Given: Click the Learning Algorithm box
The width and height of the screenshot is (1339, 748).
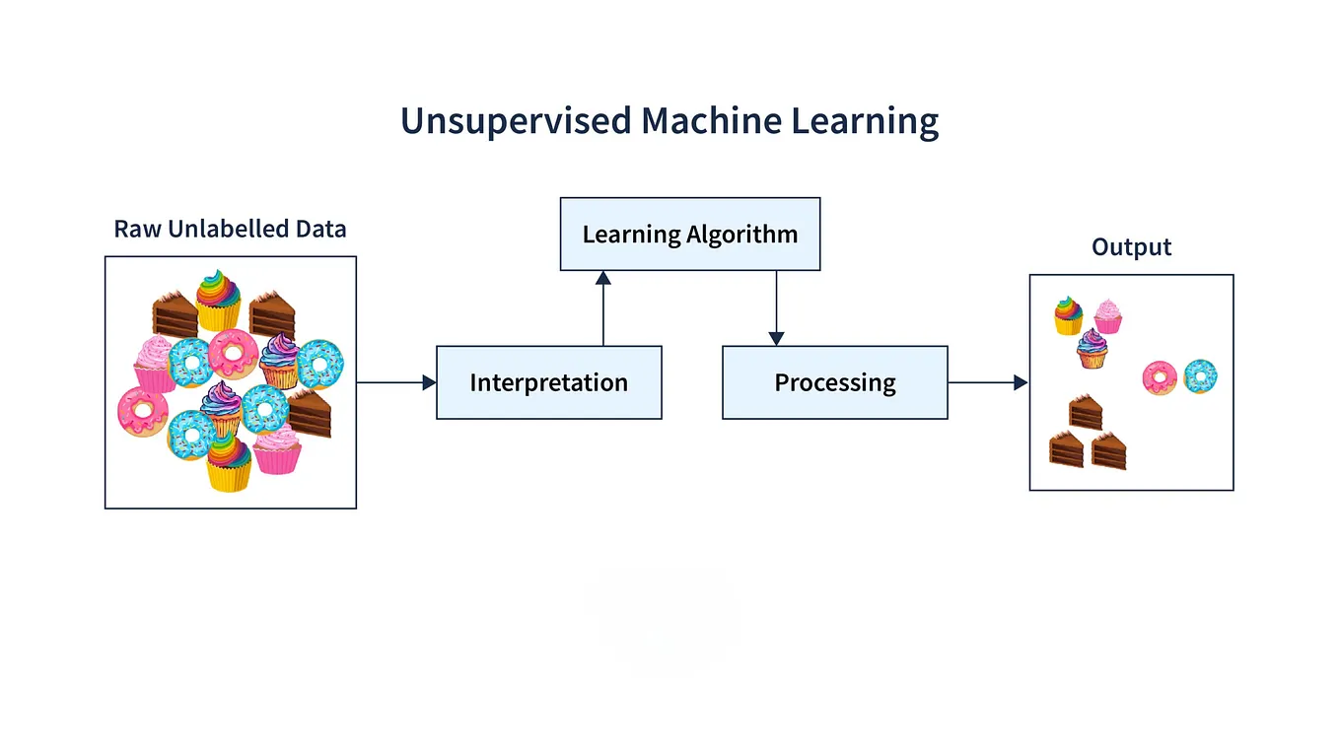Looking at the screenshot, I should (x=689, y=235).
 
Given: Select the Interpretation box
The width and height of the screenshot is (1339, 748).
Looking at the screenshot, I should (x=548, y=382).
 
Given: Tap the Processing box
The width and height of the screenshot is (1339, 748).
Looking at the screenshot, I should (x=834, y=382).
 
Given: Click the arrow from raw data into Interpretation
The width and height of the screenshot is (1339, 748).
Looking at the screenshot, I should (x=395, y=382).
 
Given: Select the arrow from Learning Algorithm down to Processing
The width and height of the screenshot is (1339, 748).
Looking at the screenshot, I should (x=776, y=307).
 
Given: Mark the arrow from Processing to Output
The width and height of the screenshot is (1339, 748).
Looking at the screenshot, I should (x=987, y=382).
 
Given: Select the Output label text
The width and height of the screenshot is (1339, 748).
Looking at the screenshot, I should (x=1131, y=246).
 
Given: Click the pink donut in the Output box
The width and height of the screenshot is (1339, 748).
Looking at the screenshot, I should (x=1160, y=377).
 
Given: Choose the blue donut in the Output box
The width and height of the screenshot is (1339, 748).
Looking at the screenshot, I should (x=1200, y=375).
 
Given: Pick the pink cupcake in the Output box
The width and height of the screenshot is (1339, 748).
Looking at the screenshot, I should (x=1107, y=316).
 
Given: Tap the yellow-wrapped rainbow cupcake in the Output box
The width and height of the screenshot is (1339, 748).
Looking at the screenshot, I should (x=1068, y=315).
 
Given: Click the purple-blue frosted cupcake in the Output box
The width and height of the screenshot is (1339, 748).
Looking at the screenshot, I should (x=1092, y=349).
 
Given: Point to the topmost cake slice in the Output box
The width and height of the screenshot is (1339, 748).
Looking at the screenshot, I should (x=1085, y=412).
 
